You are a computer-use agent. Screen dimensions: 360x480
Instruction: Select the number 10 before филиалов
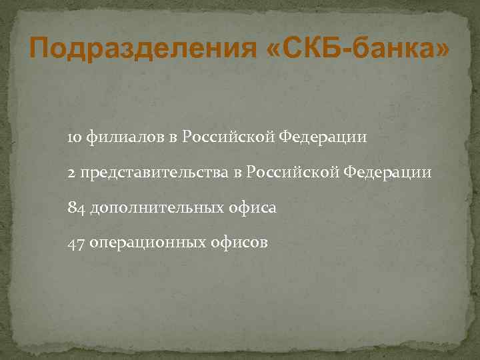click(x=75, y=138)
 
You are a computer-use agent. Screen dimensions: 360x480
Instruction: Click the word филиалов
click(x=125, y=138)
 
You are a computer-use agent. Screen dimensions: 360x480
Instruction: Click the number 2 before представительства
click(x=71, y=173)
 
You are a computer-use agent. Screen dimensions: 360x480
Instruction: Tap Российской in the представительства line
click(x=291, y=173)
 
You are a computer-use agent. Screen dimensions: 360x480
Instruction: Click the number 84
click(x=76, y=209)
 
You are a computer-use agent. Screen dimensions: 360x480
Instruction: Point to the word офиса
click(x=253, y=209)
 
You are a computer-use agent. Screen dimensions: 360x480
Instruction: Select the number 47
click(x=75, y=243)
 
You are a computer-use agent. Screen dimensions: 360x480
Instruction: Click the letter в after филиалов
click(x=172, y=139)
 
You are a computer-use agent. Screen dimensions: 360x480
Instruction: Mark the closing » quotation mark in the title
click(x=440, y=49)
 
